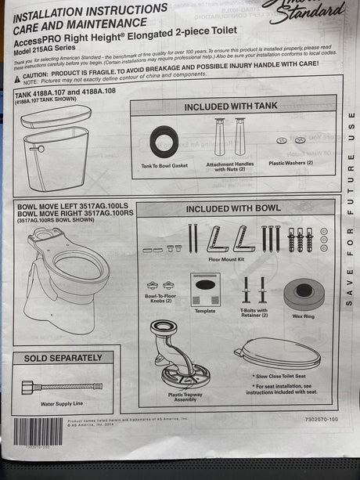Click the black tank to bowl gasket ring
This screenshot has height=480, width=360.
164,145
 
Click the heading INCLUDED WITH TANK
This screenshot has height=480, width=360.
230,106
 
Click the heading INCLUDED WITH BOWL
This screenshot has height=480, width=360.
229,208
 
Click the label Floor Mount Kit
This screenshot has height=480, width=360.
226,258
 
